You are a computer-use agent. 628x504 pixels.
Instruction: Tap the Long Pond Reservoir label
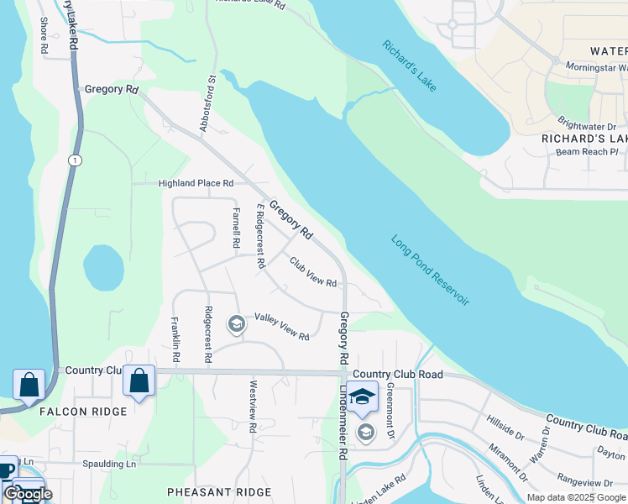[x=430, y=269]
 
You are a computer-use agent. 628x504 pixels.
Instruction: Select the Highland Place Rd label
[x=196, y=183]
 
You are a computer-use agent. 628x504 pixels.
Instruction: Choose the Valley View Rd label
[x=281, y=326]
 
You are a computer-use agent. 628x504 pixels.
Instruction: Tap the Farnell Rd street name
[x=236, y=227]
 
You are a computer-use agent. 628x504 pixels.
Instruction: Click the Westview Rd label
[x=252, y=406]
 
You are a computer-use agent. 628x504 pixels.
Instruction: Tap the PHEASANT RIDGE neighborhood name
[x=219, y=492]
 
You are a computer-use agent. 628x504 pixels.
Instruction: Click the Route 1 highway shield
[x=76, y=160]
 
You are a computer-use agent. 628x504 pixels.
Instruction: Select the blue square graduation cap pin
[x=362, y=397]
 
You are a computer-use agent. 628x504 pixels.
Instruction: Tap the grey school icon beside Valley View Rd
[x=237, y=324]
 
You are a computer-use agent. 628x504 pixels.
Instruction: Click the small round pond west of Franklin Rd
[x=103, y=267]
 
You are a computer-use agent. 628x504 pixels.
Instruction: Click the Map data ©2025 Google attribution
[x=575, y=497]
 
